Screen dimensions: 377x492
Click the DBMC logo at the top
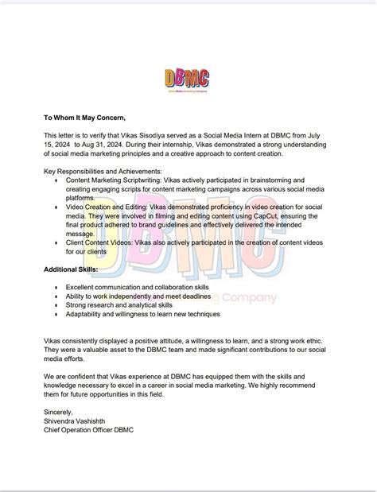[188, 79]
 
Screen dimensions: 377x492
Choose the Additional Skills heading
[71, 269]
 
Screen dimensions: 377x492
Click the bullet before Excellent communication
[55, 285]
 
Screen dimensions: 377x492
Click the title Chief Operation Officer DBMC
[89, 431]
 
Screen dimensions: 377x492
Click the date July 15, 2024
[326, 136]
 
